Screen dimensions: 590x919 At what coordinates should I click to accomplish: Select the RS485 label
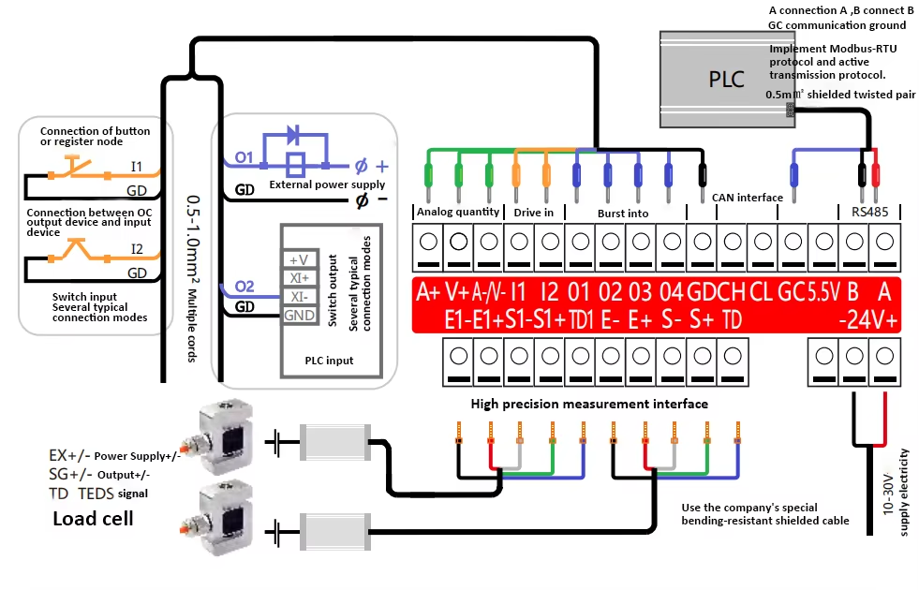(868, 212)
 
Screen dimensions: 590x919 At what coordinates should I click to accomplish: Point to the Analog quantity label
(457, 212)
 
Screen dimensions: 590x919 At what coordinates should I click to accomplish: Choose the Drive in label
(533, 212)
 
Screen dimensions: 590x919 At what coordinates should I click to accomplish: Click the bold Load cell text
(93, 518)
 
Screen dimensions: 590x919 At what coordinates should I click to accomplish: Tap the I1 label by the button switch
(137, 167)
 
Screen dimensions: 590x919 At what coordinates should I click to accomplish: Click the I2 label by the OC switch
(137, 250)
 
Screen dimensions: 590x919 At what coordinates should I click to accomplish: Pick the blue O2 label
(244, 286)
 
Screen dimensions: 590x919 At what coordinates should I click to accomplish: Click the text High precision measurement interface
(589, 404)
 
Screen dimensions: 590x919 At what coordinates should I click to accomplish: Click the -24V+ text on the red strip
(868, 320)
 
